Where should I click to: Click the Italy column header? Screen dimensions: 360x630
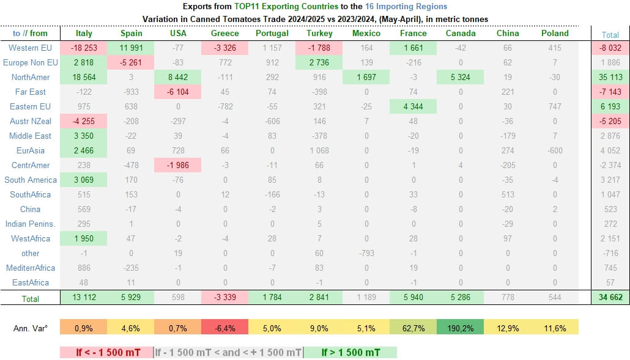click(84, 34)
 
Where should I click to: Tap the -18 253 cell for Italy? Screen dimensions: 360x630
click(84, 48)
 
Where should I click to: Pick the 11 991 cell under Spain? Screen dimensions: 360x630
click(131, 48)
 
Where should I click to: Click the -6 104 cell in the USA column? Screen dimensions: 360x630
click(178, 92)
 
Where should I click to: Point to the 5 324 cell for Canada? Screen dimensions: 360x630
click(461, 77)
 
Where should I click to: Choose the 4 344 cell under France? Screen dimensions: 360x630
click(413, 106)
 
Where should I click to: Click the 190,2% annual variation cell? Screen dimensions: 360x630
click(461, 328)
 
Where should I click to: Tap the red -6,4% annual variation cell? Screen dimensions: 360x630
click(225, 328)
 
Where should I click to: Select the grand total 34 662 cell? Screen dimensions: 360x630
click(610, 298)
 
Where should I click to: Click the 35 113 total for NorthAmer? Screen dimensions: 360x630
click(610, 77)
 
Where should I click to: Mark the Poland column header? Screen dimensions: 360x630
click(555, 34)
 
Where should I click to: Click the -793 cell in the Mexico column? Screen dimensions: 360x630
click(366, 253)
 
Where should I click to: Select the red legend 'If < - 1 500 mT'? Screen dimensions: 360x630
click(106, 352)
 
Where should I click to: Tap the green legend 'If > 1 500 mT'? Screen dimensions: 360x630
click(350, 352)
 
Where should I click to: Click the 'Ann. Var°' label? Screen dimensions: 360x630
click(31, 328)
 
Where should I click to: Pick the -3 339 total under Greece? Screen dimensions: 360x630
click(225, 298)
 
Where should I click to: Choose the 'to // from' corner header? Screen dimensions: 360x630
click(30, 34)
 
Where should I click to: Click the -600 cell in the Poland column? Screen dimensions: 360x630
click(555, 150)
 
